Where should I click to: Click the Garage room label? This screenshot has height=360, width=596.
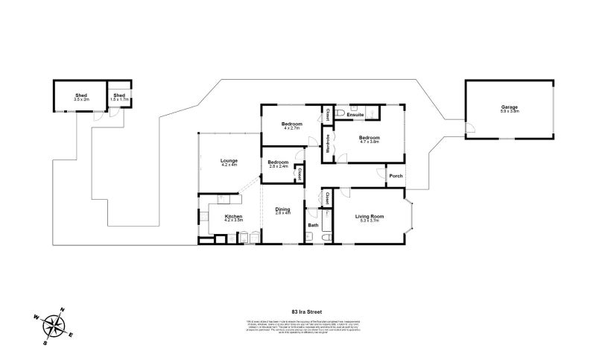click(x=510, y=107)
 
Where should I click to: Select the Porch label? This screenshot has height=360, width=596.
click(x=396, y=176)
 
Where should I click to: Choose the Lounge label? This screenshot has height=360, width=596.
click(x=229, y=161)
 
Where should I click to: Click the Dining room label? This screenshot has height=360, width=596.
click(x=282, y=210)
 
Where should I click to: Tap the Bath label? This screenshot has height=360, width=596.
click(x=314, y=225)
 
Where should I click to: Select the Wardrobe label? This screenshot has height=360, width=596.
click(x=328, y=142)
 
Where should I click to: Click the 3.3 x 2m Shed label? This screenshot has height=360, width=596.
click(x=81, y=96)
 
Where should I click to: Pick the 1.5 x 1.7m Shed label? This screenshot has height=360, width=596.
click(x=119, y=96)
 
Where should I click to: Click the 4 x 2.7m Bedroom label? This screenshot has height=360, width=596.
click(x=291, y=124)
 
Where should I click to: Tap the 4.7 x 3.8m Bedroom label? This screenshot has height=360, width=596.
click(x=370, y=139)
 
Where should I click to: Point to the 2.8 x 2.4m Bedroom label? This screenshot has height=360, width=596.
click(x=279, y=163)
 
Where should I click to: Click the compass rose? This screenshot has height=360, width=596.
click(x=53, y=324)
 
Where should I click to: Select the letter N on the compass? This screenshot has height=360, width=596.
click(x=63, y=310)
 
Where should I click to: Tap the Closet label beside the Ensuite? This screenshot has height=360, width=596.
click(x=328, y=115)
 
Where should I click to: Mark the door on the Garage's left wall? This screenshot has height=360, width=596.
click(x=469, y=129)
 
